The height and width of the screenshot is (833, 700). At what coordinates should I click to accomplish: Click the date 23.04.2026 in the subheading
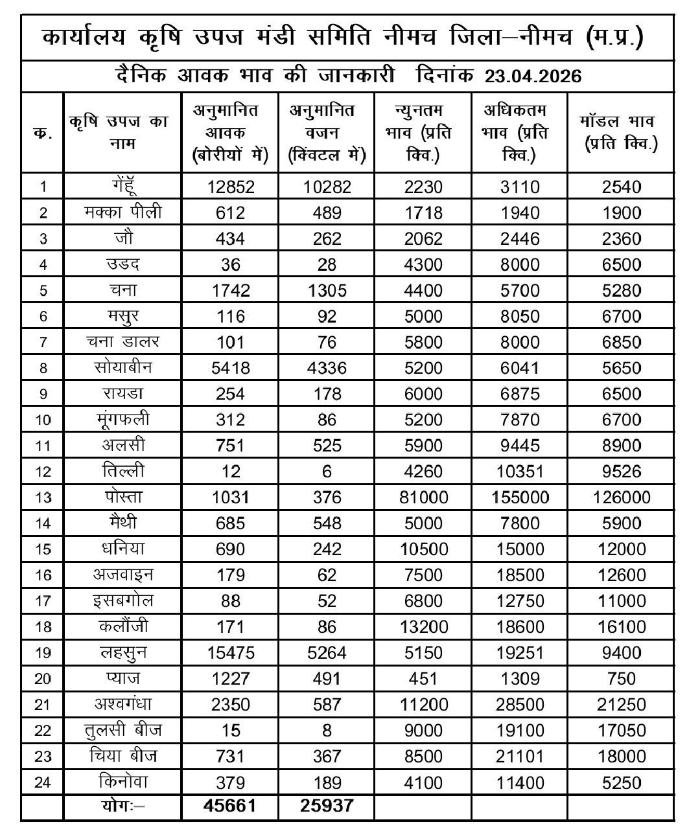tap(533, 76)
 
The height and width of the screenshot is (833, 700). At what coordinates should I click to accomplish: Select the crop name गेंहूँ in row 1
tap(123, 187)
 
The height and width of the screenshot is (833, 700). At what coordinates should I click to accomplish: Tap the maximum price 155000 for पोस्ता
tap(520, 497)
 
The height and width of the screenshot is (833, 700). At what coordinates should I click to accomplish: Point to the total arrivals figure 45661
tap(230, 806)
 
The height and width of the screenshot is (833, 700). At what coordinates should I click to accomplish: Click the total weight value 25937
tap(327, 806)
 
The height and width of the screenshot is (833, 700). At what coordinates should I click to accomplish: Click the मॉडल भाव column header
tap(620, 132)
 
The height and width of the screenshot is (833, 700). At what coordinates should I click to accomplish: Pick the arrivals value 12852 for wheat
tap(230, 187)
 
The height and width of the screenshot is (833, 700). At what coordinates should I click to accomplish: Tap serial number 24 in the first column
tap(43, 782)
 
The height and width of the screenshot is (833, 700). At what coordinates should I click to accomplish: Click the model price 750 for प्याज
tap(621, 679)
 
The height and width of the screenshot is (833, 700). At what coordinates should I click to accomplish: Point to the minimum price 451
tap(423, 679)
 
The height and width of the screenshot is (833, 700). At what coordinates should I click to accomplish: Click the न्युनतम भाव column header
tap(423, 132)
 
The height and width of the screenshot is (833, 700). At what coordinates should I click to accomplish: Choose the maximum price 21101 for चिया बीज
tap(520, 757)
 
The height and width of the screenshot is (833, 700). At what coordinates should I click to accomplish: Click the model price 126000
tap(621, 497)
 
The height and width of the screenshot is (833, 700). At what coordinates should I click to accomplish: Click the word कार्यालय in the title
tap(86, 37)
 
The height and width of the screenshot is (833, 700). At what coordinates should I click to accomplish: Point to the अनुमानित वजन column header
tap(327, 132)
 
